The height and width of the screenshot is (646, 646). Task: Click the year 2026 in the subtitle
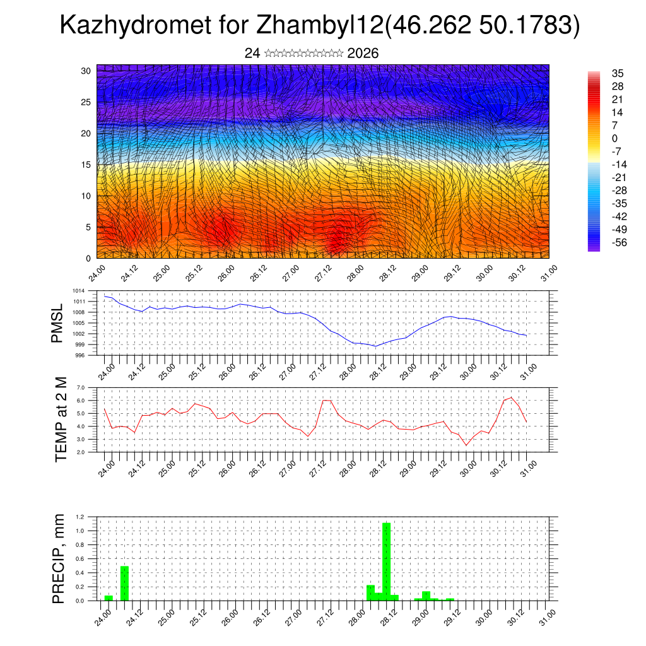click(363, 54)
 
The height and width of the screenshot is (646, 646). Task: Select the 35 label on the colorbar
click(618, 73)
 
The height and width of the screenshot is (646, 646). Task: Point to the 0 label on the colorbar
click(614, 139)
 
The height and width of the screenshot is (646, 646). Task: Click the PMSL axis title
click(58, 323)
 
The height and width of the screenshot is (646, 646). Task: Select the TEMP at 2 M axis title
click(61, 420)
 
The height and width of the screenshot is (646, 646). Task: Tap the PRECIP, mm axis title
click(59, 559)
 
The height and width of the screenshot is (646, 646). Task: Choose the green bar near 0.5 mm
click(125, 583)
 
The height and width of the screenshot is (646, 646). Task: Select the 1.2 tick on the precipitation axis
click(80, 517)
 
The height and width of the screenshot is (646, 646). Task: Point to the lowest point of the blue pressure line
click(376, 346)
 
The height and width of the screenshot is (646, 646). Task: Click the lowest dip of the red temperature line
click(467, 445)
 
